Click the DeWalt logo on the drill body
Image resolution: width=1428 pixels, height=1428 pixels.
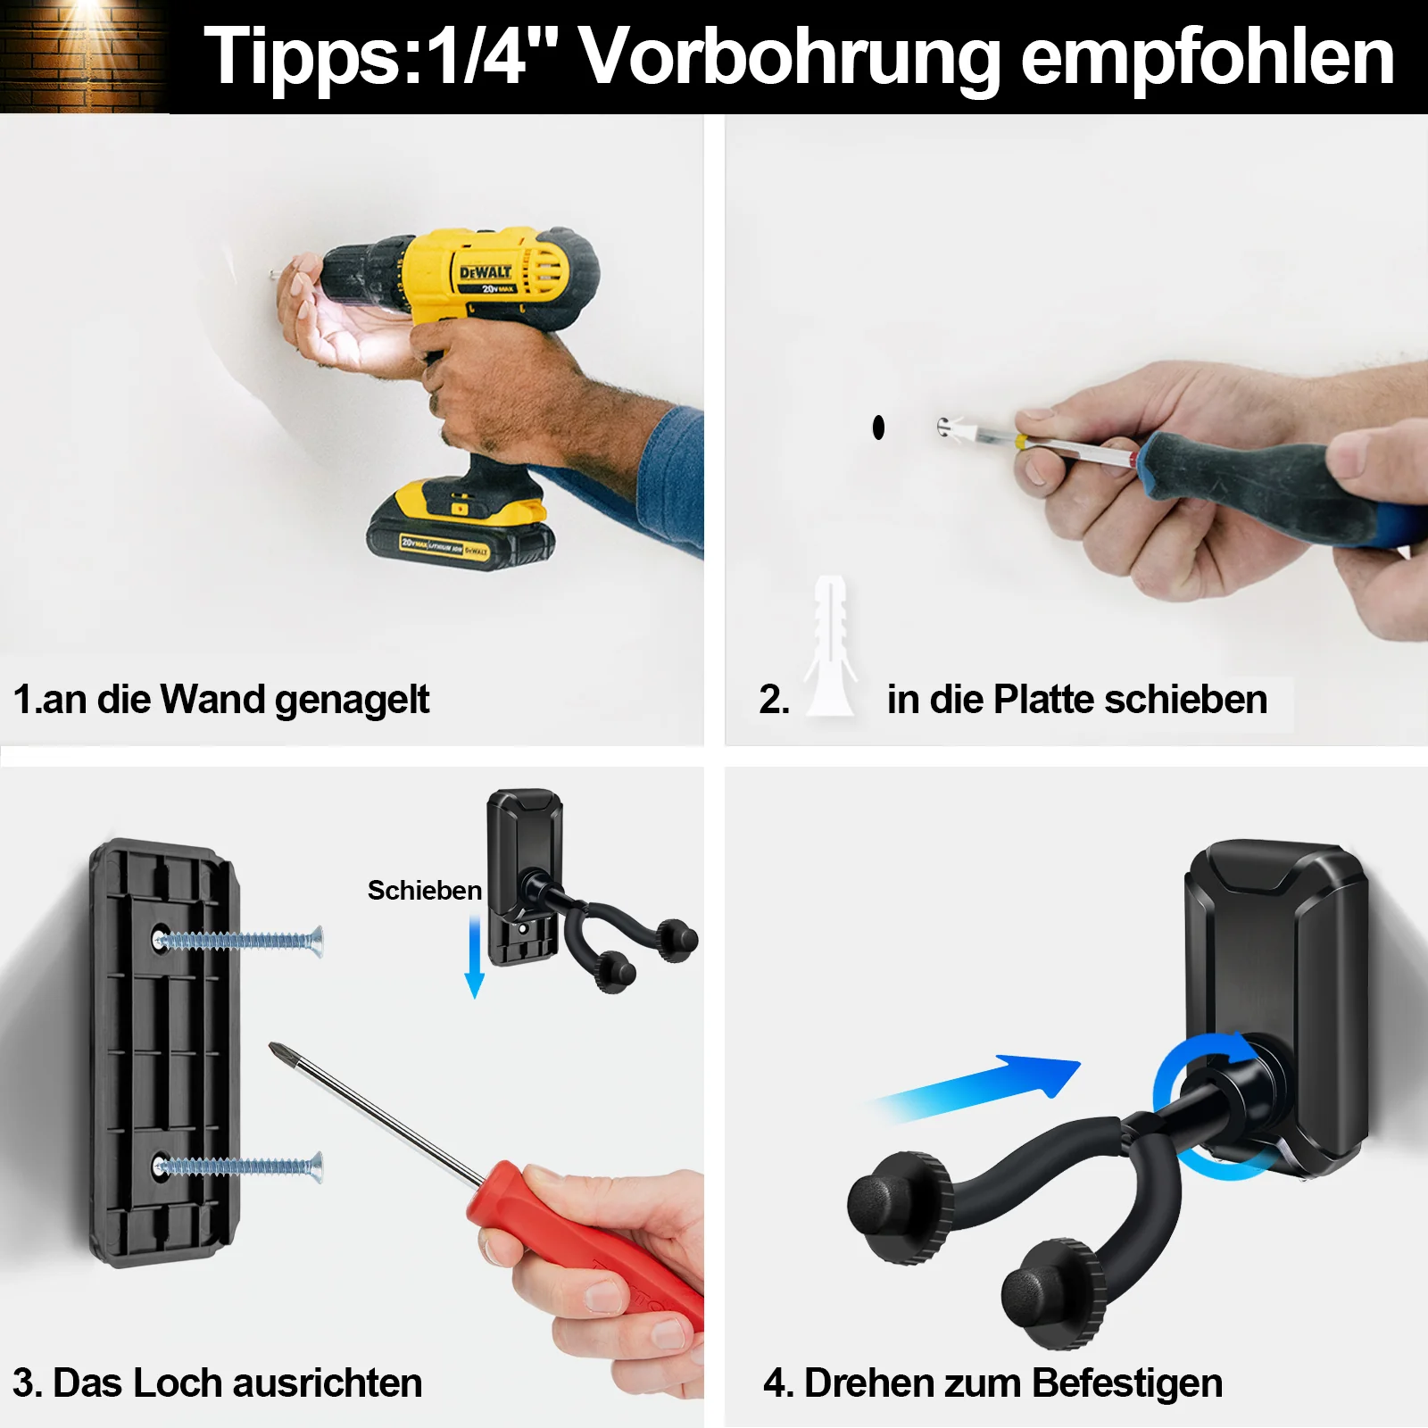point(486,271)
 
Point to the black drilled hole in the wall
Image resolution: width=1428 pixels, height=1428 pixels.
point(878,428)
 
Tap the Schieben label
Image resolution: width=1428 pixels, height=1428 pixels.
point(425,890)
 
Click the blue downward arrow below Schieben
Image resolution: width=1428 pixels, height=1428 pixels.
point(475,956)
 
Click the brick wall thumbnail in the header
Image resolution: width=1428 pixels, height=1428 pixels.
point(85,56)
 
